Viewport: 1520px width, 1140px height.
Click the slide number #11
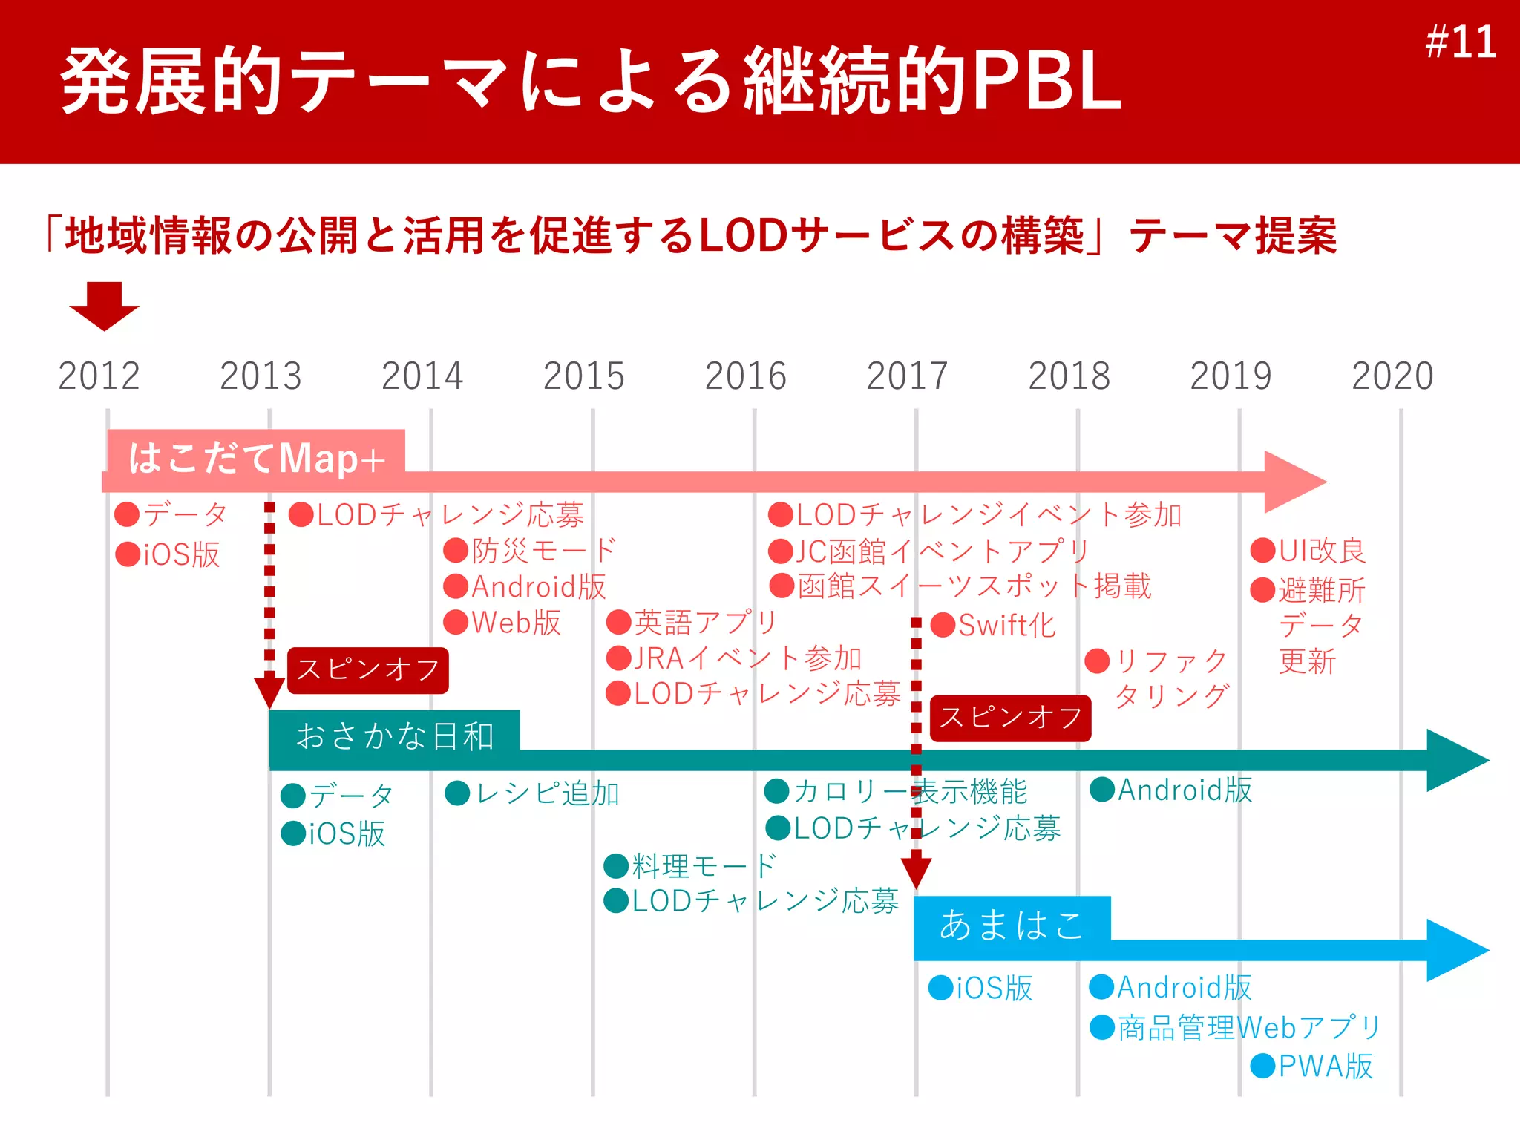pyautogui.click(x=1460, y=42)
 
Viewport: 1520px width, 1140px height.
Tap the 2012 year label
pyautogui.click(x=99, y=376)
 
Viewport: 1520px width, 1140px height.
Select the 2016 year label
pyautogui.click(x=745, y=376)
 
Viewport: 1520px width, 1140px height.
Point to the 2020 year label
pyautogui.click(x=1392, y=376)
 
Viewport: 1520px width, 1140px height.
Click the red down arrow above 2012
pyautogui.click(x=104, y=306)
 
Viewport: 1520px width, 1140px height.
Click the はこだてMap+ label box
pyautogui.click(x=256, y=457)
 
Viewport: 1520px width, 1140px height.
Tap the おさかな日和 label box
pyautogui.click(x=394, y=736)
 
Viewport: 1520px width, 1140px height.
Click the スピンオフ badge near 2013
pyautogui.click(x=367, y=670)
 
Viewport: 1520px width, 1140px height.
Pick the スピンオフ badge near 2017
pyautogui.click(x=1010, y=718)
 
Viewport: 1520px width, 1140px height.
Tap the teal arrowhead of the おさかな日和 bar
pyautogui.click(x=1456, y=760)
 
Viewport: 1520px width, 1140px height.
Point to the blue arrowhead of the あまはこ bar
pyautogui.click(x=1456, y=950)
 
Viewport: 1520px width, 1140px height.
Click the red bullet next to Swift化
pyautogui.click(x=943, y=625)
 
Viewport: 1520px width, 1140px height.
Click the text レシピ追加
pyautogui.click(x=547, y=793)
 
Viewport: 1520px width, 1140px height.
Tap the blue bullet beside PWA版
pyautogui.click(x=1262, y=1066)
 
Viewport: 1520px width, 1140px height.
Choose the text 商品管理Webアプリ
pyautogui.click(x=1248, y=1028)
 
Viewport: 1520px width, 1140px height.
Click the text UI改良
pyautogui.click(x=1322, y=551)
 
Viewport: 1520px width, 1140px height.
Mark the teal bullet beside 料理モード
pyautogui.click(x=616, y=865)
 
